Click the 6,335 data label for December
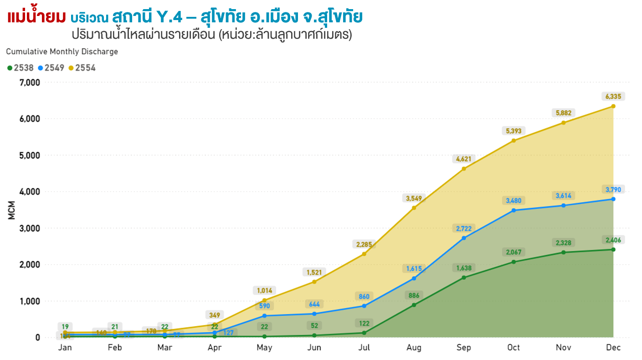pyautogui.click(x=613, y=97)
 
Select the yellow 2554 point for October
pyautogui.click(x=514, y=140)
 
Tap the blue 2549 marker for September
pyautogui.click(x=464, y=238)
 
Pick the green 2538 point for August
pyautogui.click(x=414, y=305)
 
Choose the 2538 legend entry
pyautogui.click(x=21, y=68)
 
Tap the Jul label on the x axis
pyautogui.click(x=364, y=348)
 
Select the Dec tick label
pyautogui.click(x=613, y=348)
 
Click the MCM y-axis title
pyautogui.click(x=12, y=211)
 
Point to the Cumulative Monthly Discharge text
pyautogui.click(x=62, y=51)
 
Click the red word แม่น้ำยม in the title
pyautogui.click(x=36, y=17)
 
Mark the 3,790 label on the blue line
pyautogui.click(x=613, y=190)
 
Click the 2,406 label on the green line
pyautogui.click(x=613, y=240)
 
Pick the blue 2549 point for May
pyautogui.click(x=264, y=316)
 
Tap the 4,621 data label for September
pyautogui.click(x=464, y=159)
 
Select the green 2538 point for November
pyautogui.click(x=564, y=252)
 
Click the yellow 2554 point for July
pyautogui.click(x=364, y=254)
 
